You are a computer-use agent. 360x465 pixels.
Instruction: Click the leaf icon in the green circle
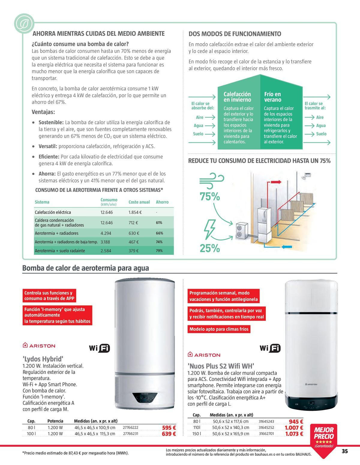click(x=24, y=24)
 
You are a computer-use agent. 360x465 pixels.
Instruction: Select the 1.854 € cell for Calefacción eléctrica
click(x=135, y=212)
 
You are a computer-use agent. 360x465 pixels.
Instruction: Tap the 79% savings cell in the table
click(x=159, y=251)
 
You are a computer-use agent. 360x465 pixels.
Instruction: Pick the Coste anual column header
click(x=139, y=202)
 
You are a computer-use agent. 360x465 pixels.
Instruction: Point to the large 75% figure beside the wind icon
click(x=210, y=197)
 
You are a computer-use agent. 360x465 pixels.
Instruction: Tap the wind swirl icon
click(x=211, y=180)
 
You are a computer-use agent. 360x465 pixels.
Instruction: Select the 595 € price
click(x=169, y=428)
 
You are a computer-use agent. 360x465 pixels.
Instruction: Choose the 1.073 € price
click(x=294, y=434)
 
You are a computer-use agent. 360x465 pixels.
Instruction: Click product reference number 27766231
click(x=130, y=434)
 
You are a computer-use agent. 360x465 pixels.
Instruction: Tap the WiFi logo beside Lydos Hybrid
click(x=100, y=348)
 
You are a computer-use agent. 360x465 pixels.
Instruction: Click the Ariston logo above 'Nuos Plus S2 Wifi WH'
click(x=204, y=355)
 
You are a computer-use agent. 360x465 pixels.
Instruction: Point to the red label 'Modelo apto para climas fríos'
click(x=219, y=329)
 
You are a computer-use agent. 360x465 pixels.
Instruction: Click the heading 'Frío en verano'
click(x=272, y=97)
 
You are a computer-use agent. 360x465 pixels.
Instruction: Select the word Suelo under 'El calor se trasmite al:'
click(x=321, y=134)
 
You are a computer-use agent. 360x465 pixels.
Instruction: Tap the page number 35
click(x=344, y=451)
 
